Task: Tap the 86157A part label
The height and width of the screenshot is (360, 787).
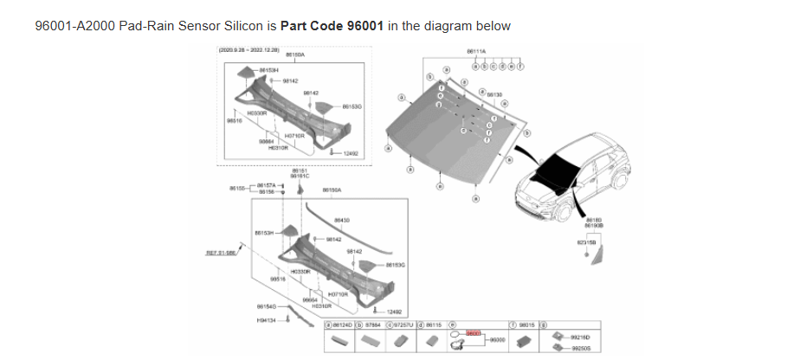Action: (x=266, y=184)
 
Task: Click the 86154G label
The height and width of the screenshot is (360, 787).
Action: (x=266, y=305)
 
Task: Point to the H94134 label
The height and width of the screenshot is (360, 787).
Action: (x=266, y=322)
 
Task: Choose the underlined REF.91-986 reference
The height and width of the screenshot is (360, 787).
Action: (x=220, y=253)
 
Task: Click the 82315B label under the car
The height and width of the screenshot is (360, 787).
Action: (x=585, y=242)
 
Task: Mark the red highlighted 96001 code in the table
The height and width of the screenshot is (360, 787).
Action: (x=473, y=333)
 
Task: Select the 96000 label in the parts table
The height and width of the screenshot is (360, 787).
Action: (x=497, y=341)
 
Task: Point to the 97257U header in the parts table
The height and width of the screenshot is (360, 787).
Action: (x=401, y=325)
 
